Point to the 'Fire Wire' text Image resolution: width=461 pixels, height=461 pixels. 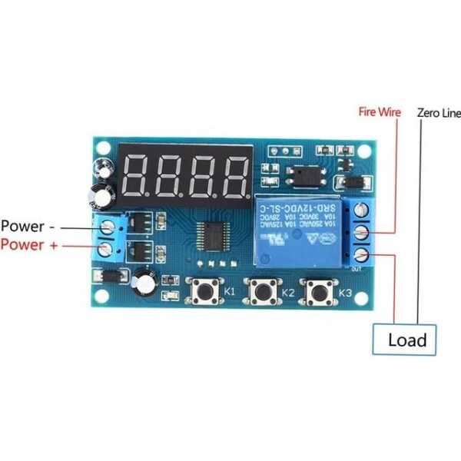coord(380,111)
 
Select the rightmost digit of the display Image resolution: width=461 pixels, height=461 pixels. coord(234,176)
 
